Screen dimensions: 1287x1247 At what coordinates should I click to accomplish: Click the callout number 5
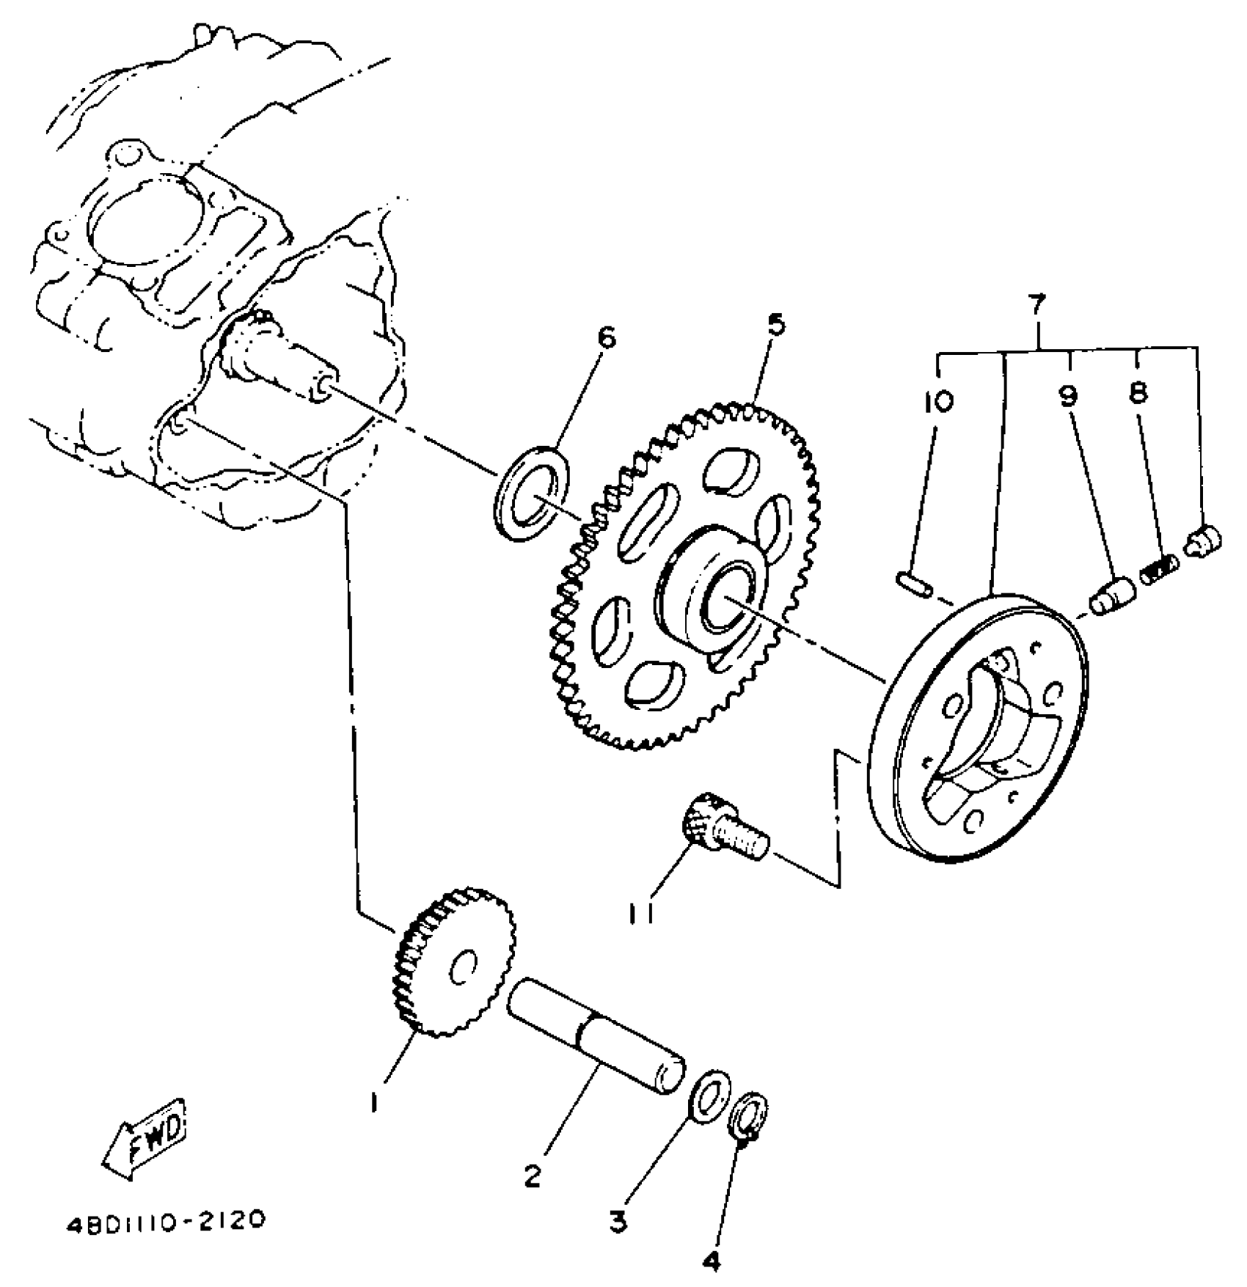tap(775, 323)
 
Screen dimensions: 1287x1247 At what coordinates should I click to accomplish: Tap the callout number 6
tap(605, 338)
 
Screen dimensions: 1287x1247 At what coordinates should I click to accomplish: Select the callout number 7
tap(1036, 301)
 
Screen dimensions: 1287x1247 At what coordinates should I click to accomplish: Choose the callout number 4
tap(711, 1261)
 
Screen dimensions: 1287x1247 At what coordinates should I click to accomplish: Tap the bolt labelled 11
tap(726, 829)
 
